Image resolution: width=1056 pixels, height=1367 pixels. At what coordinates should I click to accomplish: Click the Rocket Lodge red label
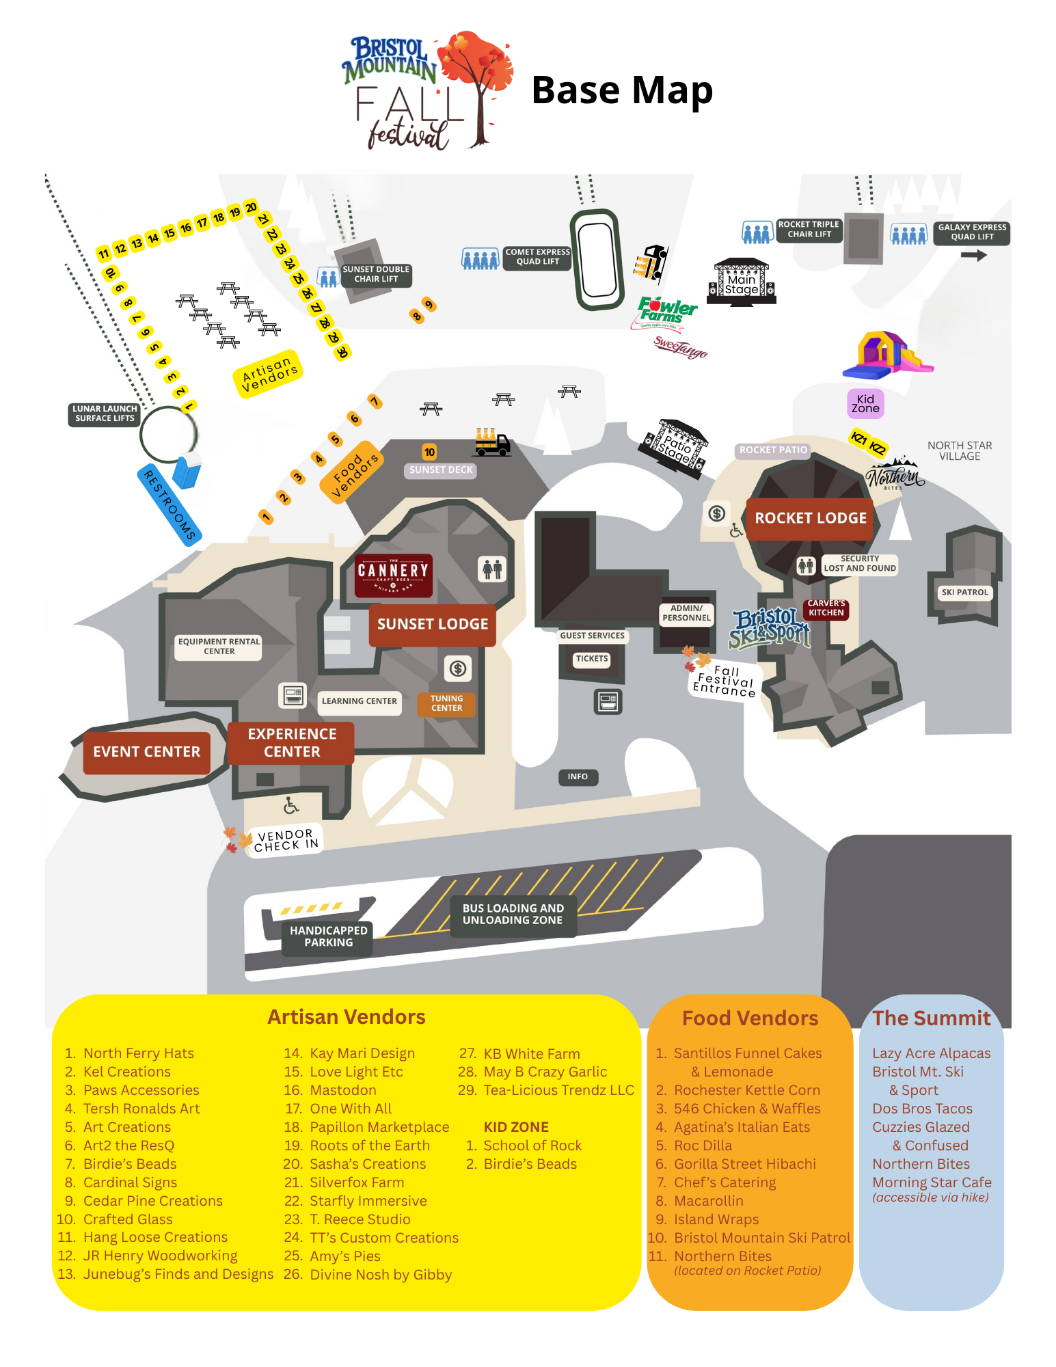point(811,518)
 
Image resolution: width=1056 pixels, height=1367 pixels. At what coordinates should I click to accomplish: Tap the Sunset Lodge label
point(433,624)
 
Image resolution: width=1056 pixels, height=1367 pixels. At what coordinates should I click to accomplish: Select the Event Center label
point(146,752)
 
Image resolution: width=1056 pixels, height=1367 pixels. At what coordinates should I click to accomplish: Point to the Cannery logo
point(393,575)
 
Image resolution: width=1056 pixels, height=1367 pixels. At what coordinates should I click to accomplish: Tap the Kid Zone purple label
point(865,404)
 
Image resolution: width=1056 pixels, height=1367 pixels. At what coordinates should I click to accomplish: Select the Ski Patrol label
point(964,593)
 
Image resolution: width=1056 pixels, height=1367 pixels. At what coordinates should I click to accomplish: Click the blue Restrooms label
point(170,505)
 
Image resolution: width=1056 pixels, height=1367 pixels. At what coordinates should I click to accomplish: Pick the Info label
point(578,776)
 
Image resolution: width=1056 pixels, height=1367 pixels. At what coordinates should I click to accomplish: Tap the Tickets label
point(592,659)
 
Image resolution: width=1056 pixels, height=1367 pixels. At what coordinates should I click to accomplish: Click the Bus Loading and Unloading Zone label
point(513,915)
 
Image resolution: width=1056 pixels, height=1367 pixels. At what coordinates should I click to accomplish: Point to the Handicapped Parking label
point(328,936)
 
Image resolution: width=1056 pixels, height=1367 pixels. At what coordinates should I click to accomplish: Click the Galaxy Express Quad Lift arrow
point(974,256)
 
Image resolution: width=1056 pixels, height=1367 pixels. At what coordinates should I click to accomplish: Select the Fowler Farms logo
point(666,311)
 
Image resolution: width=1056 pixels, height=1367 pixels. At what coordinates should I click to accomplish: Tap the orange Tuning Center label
point(446,703)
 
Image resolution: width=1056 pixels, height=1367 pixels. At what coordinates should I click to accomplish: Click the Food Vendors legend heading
point(750,1018)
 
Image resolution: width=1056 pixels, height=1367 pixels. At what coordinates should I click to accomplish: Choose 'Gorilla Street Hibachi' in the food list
point(745,1164)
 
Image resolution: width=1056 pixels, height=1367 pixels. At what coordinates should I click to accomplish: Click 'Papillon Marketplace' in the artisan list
point(379,1127)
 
